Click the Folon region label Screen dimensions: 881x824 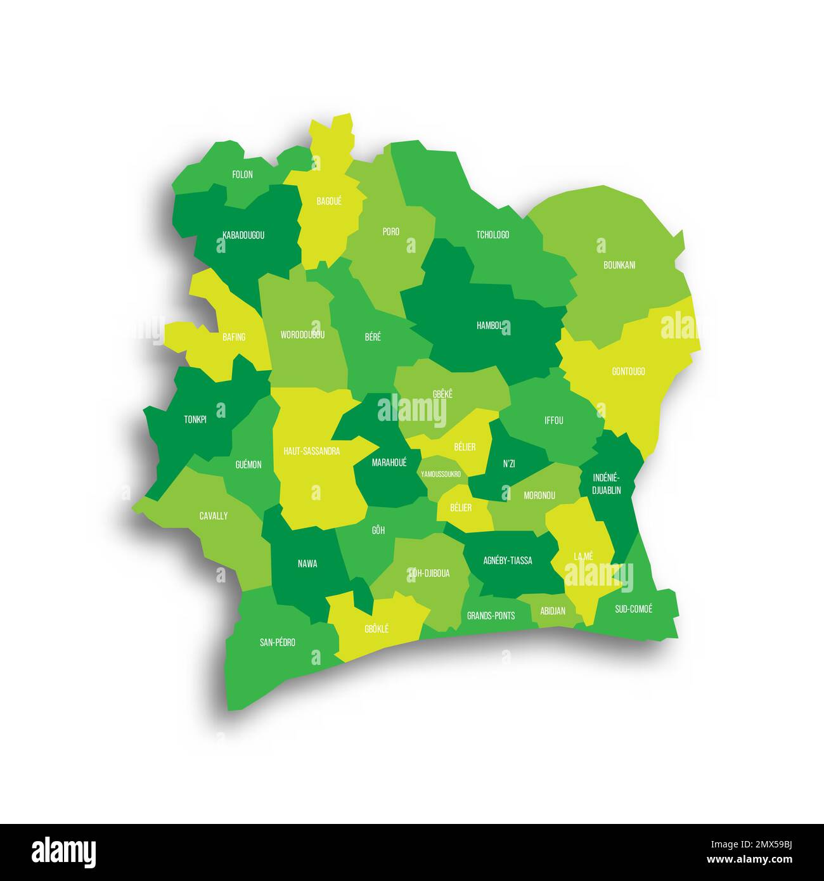(x=242, y=174)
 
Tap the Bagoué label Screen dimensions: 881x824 (x=329, y=201)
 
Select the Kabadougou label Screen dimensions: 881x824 (x=243, y=235)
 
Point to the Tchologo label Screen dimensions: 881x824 (x=492, y=235)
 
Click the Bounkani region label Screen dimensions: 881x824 (x=619, y=265)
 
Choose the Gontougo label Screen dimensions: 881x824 (x=628, y=371)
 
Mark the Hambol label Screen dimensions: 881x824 (x=489, y=326)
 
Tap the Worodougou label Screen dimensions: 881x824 (x=302, y=335)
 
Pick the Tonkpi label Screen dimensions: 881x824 (x=195, y=419)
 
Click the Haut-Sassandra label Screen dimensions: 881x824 (x=311, y=451)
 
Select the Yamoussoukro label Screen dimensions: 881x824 (x=441, y=473)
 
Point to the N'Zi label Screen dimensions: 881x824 (x=509, y=464)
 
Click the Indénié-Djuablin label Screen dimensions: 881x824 (x=607, y=484)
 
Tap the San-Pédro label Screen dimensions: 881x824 (x=277, y=642)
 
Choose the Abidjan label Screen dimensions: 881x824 (x=553, y=611)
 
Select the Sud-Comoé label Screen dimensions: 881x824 (x=633, y=609)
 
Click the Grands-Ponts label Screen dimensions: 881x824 (x=491, y=615)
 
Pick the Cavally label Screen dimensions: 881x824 (x=213, y=516)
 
